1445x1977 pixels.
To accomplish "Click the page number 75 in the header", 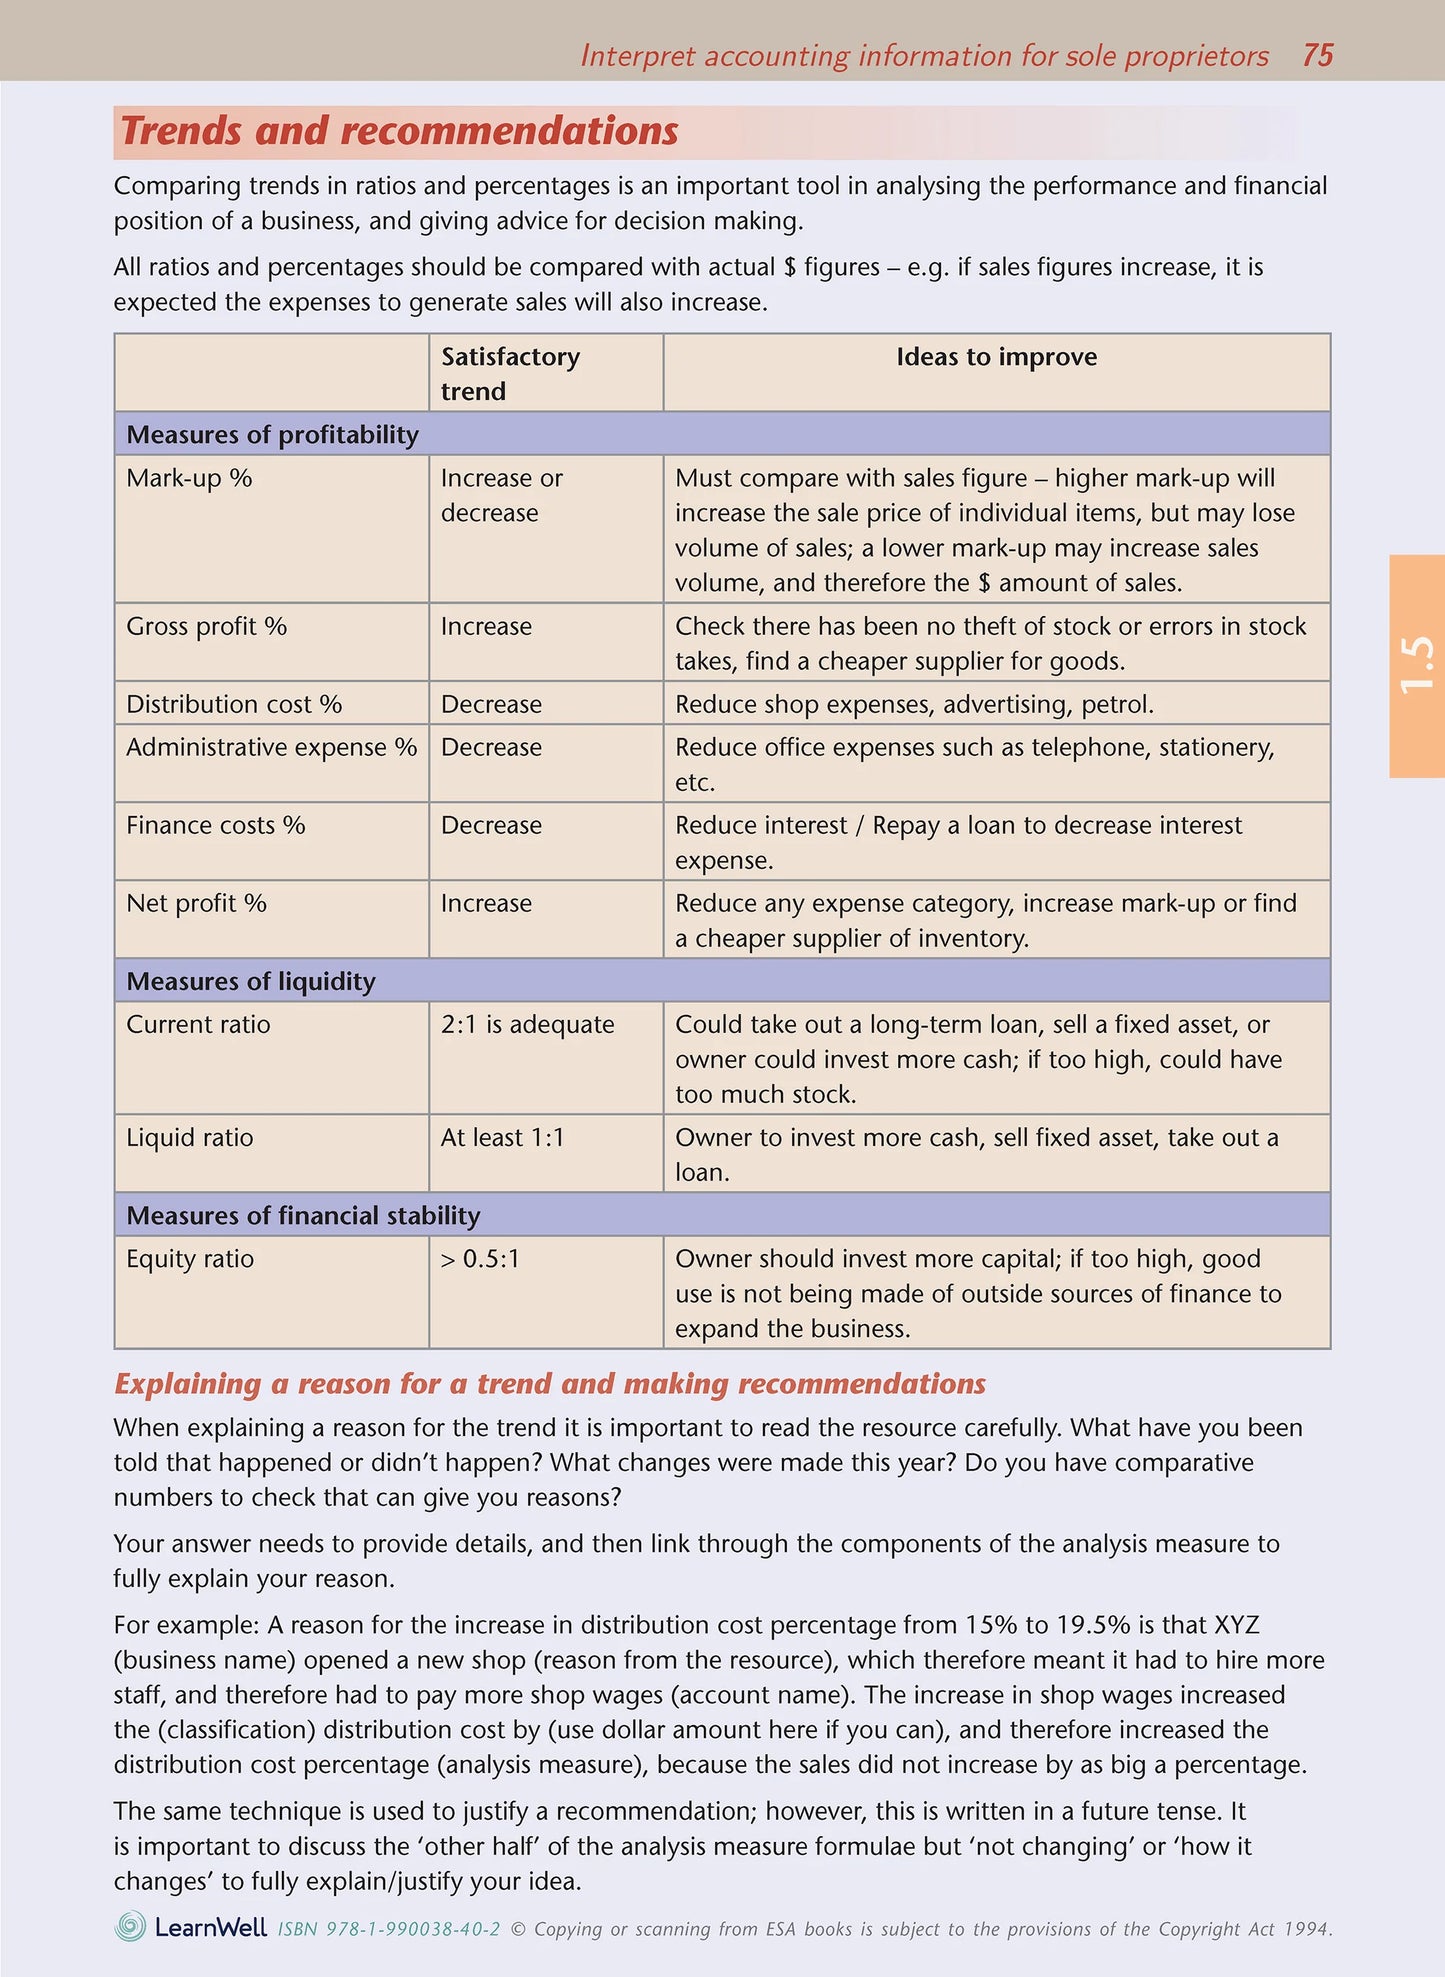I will coord(1317,55).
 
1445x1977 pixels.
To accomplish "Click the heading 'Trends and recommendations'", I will coord(399,132).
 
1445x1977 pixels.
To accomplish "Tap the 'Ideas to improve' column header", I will coord(996,357).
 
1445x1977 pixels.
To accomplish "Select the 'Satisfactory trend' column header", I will coord(510,373).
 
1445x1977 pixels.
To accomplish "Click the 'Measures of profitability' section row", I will coord(272,434).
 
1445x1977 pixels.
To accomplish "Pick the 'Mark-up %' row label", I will coord(189,478).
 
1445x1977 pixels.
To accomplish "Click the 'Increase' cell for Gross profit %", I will coord(486,626).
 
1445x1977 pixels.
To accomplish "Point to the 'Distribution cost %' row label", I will coord(234,704).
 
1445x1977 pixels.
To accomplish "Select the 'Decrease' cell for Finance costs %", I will coord(491,825).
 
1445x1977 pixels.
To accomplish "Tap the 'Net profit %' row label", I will coord(196,903).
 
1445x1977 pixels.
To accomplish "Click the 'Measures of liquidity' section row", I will coord(251,981).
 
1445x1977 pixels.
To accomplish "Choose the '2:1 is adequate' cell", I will coord(527,1024).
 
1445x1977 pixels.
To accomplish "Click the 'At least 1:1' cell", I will coord(502,1137).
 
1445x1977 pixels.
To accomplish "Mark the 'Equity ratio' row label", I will coord(190,1258).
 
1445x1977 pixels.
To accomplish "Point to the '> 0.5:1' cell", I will coord(480,1258).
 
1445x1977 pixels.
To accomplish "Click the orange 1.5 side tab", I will coord(1416,665).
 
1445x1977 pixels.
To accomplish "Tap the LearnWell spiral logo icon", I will coord(130,1926).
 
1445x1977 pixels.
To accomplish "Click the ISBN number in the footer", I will coord(388,1929).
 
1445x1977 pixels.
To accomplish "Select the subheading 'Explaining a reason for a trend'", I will coord(549,1383).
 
